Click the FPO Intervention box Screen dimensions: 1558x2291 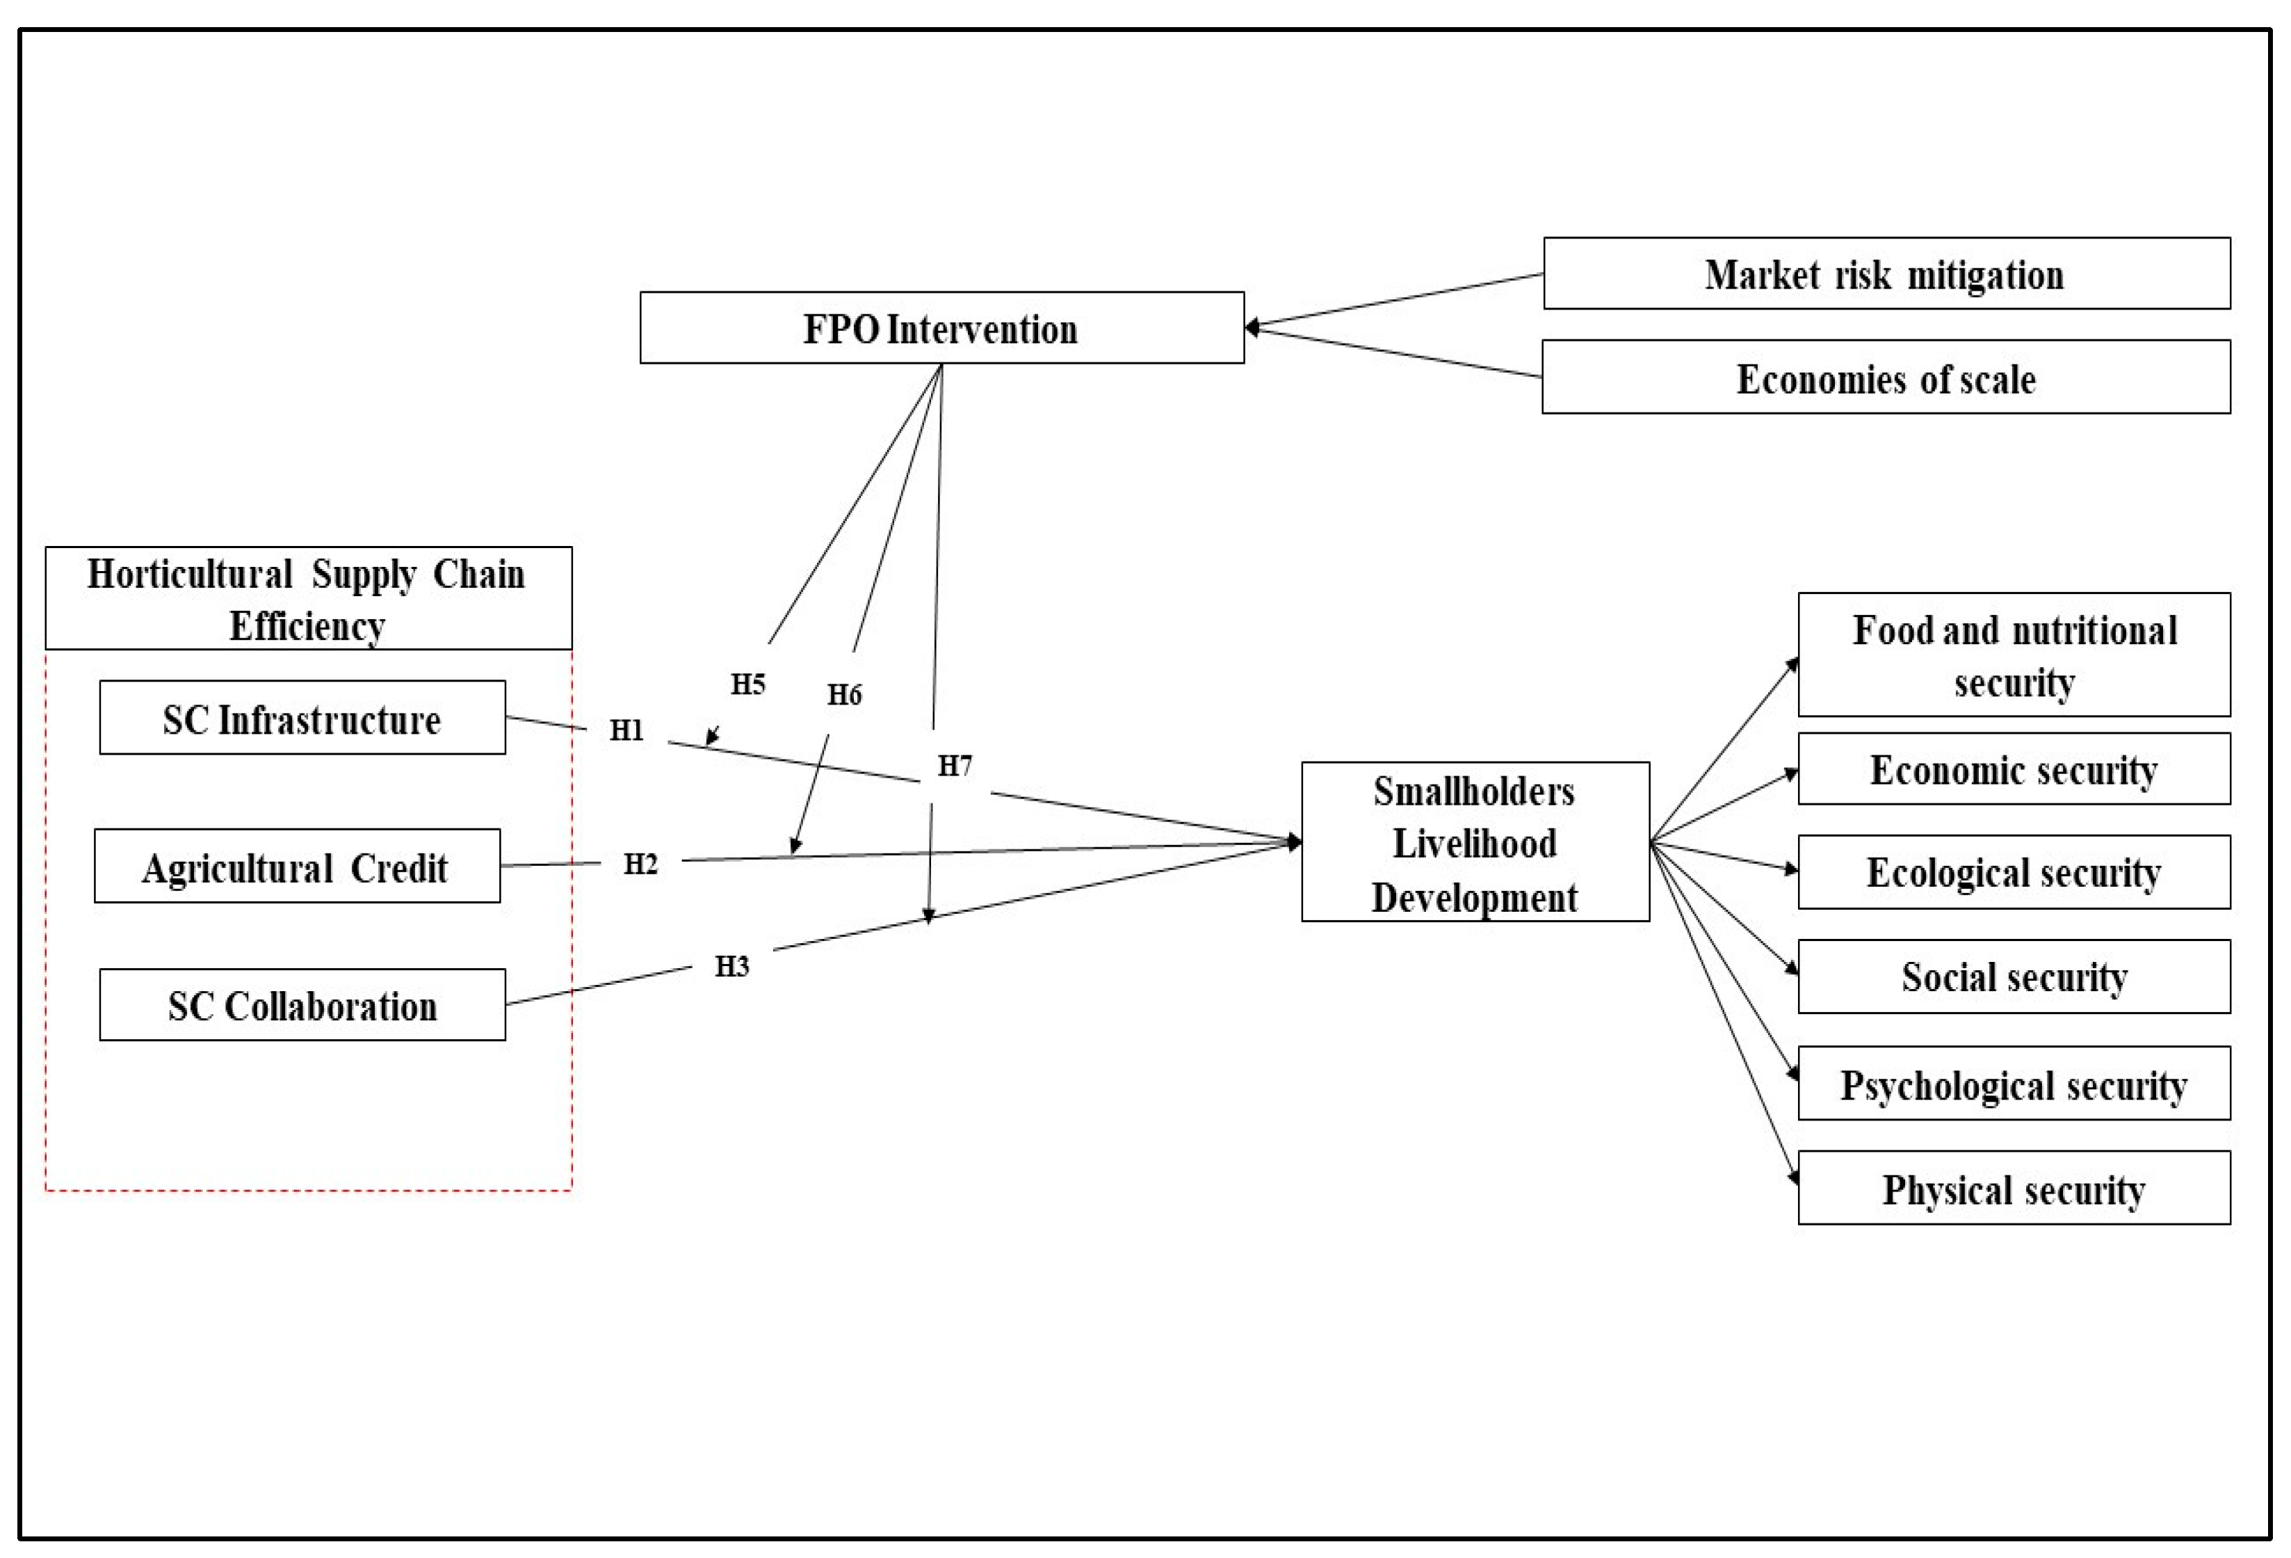point(941,328)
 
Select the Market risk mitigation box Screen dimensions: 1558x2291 point(1886,274)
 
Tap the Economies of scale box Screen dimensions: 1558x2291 point(1886,378)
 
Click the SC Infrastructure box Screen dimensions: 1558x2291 point(302,719)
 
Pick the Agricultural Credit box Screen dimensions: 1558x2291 point(297,867)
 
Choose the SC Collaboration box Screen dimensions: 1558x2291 point(302,1005)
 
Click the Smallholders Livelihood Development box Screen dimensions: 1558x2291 point(1475,842)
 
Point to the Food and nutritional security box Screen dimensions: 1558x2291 point(2014,654)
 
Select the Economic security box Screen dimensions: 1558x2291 point(2014,769)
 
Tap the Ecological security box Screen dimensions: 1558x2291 point(2014,873)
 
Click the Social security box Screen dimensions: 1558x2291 point(2014,977)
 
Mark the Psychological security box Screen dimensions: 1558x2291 point(2014,1084)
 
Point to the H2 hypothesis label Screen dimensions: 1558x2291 point(641,865)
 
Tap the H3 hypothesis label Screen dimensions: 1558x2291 point(732,966)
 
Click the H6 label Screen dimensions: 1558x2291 point(845,695)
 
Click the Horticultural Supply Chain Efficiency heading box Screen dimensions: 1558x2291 point(307,599)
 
